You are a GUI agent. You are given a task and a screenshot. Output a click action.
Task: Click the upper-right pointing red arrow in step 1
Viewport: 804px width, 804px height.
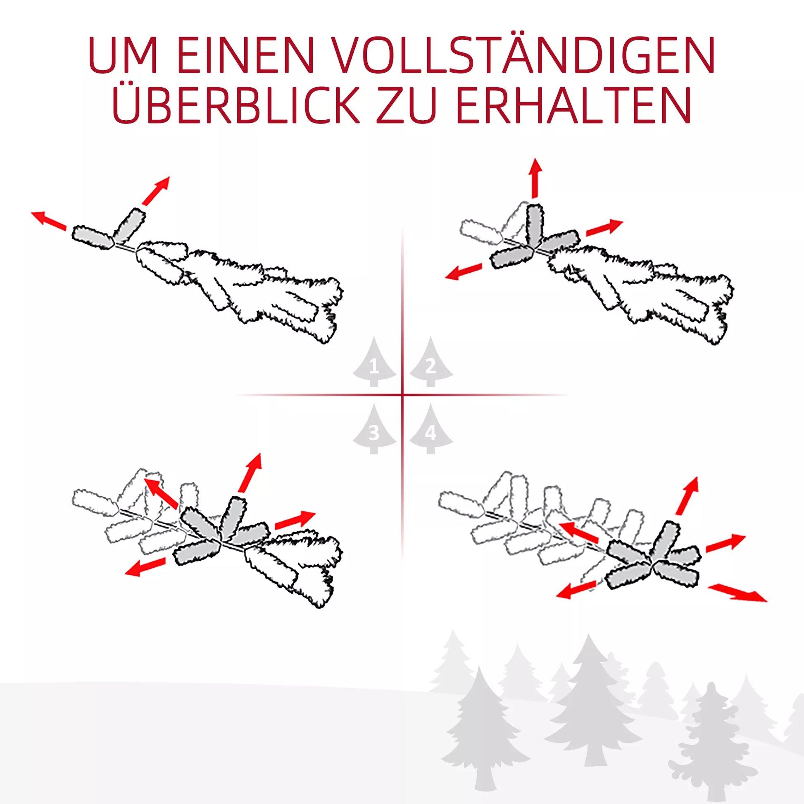(156, 190)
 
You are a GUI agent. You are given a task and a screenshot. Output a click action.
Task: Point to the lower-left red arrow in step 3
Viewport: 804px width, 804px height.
(145, 567)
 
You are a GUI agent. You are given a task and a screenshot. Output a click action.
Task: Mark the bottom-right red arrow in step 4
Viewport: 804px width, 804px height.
(737, 592)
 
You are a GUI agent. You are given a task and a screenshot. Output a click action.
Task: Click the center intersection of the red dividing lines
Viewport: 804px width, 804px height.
(402, 395)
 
